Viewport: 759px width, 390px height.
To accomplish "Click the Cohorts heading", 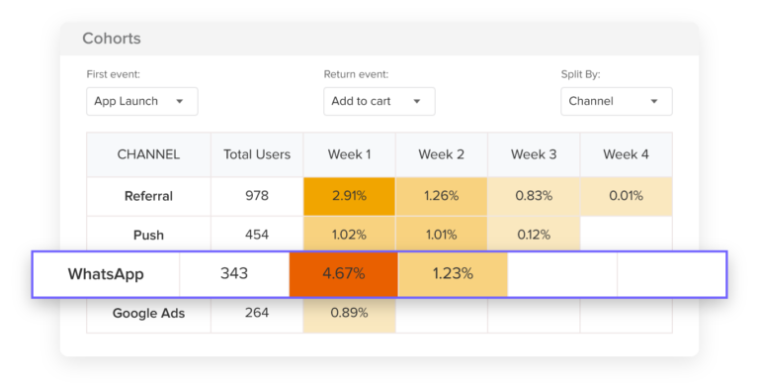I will click(x=112, y=39).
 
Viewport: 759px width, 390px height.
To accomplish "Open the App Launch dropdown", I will click(x=141, y=101).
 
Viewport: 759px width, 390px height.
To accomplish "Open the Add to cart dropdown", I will click(x=379, y=101).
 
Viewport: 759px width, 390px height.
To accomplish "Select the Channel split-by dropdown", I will click(x=616, y=101).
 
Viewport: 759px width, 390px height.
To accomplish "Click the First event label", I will click(x=114, y=74).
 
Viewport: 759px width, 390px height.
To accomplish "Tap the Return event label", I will click(x=356, y=74).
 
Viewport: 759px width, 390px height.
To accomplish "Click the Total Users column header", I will click(x=257, y=154).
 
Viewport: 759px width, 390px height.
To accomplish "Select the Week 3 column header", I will click(x=534, y=154).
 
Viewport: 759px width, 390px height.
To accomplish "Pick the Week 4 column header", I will click(x=627, y=154).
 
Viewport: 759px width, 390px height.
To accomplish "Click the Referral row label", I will click(x=148, y=196).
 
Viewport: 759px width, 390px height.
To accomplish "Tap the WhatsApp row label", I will click(x=106, y=274).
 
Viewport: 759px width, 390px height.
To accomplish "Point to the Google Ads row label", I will click(x=148, y=313).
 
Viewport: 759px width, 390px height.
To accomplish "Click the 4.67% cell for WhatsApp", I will click(x=344, y=274).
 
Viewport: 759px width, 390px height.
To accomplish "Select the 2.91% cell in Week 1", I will click(x=350, y=196).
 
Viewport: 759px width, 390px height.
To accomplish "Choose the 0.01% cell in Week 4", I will click(x=627, y=196).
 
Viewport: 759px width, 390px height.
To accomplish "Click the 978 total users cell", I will click(x=257, y=196).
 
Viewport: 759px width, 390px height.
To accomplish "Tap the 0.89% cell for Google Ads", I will click(x=350, y=313).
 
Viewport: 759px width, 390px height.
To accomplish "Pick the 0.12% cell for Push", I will click(x=534, y=236).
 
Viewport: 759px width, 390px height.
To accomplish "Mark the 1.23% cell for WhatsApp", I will click(x=453, y=274).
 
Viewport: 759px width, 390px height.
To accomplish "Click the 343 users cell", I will click(x=234, y=274).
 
